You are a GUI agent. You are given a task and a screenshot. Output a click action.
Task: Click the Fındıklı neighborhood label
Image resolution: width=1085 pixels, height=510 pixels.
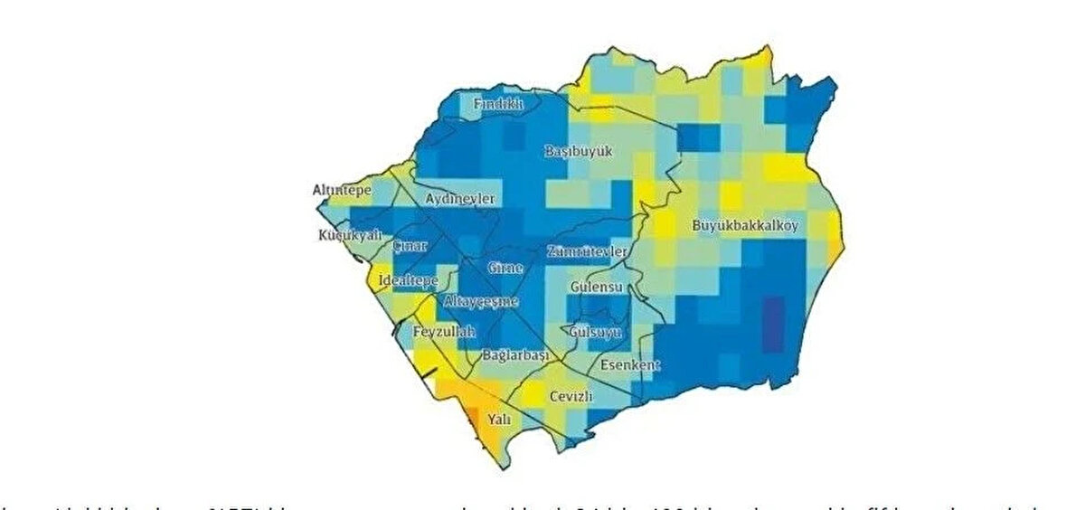tap(499, 105)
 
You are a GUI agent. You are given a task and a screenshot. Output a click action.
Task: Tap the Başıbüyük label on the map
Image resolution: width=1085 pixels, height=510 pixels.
tap(579, 152)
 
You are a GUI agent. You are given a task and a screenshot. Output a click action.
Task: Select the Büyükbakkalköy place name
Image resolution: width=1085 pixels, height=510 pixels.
tap(745, 225)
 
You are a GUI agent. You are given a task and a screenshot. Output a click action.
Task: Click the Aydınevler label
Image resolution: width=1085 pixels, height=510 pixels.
tap(460, 199)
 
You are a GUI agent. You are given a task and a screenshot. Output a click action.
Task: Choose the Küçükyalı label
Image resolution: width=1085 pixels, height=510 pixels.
tap(345, 236)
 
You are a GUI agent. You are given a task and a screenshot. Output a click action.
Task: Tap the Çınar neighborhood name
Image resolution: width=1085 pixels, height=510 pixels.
tap(410, 246)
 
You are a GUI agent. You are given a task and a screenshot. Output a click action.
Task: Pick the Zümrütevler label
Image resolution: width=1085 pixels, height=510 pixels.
tap(587, 251)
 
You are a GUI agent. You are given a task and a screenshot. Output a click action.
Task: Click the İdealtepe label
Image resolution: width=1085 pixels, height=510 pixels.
tap(408, 279)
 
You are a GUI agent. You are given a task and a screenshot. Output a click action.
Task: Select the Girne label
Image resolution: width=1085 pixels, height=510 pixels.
tap(505, 269)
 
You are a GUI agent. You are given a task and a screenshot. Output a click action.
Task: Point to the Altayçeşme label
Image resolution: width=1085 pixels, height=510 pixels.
tap(480, 301)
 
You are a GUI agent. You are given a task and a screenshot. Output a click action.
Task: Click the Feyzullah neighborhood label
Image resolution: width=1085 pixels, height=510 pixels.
tap(443, 333)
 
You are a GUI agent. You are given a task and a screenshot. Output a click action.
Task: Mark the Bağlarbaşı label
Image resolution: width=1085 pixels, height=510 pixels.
tap(515, 355)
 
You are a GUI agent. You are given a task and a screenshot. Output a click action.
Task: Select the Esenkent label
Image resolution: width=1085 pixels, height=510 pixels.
tap(629, 365)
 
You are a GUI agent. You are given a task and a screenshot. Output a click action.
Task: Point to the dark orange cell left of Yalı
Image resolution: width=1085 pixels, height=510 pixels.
tap(471, 414)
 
